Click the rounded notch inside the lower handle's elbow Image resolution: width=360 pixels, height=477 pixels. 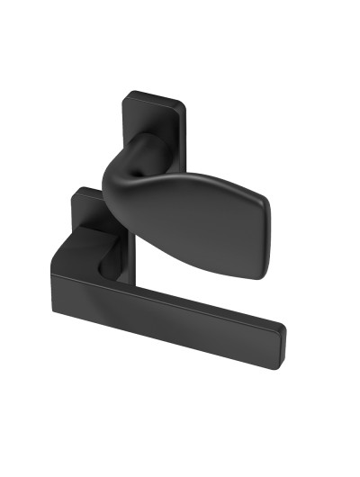(x=104, y=262)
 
